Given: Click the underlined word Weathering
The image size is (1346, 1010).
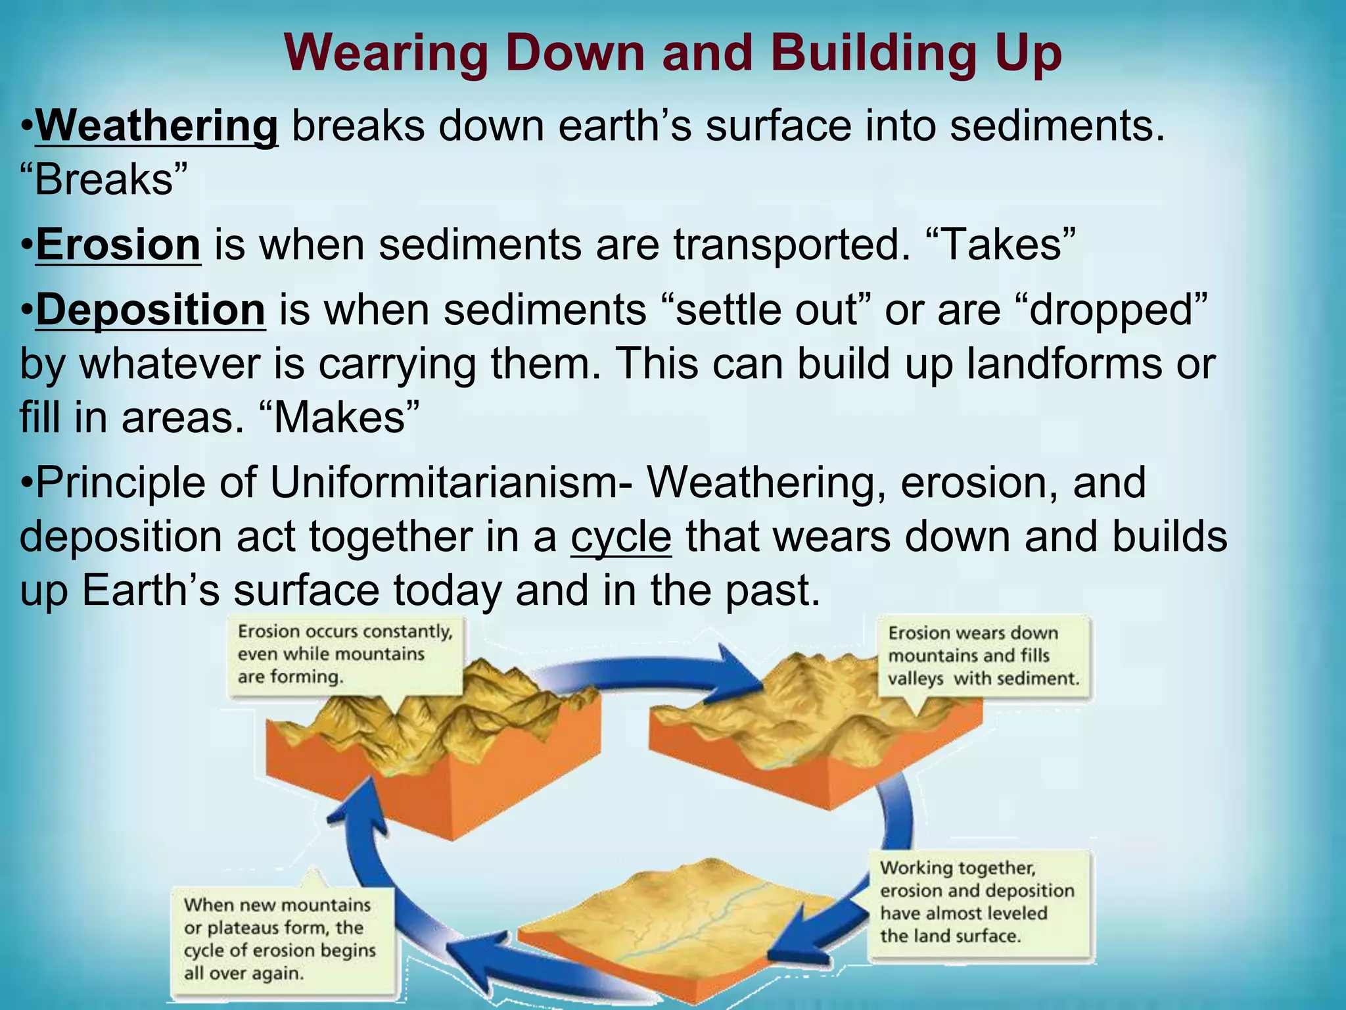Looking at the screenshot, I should [x=156, y=126].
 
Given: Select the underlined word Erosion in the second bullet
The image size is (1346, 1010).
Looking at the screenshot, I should [x=118, y=245].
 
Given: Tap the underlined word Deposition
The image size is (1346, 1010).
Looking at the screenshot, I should [x=151, y=310].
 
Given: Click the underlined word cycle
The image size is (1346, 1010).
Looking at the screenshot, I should [x=621, y=537].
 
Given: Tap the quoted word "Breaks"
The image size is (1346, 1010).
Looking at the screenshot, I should [x=104, y=180].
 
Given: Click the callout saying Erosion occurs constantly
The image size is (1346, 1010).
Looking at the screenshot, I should [x=345, y=654].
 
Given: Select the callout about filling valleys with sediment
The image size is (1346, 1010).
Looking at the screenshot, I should [x=983, y=656].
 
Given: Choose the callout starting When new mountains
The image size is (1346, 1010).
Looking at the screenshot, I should [x=281, y=938].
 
